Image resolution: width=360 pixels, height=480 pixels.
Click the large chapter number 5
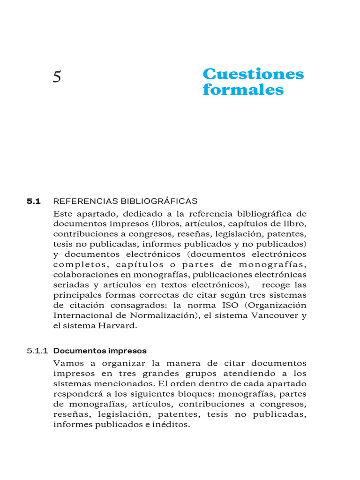pos(57,76)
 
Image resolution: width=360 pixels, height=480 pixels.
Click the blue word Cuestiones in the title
pos(253,74)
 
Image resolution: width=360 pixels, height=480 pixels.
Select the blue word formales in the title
pos(243,90)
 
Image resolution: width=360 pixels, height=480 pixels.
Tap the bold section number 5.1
pos(34,201)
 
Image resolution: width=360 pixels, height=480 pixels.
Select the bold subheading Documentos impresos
pos(100,351)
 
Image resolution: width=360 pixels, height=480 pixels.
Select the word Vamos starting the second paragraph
pos(68,363)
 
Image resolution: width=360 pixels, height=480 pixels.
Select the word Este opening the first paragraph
pos(63,213)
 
